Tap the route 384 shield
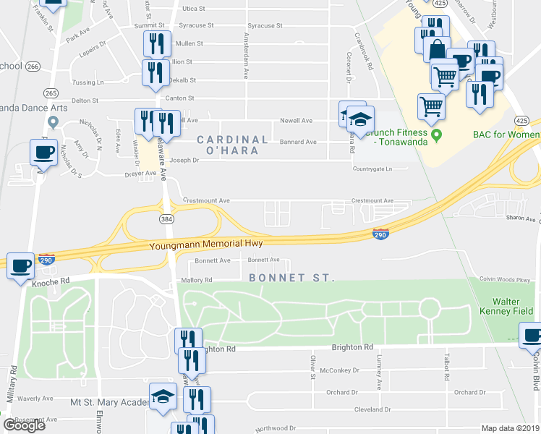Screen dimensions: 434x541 coord(166,218)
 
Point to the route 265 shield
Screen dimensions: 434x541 coord(51,93)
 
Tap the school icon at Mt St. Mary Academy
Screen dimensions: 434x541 coord(162,396)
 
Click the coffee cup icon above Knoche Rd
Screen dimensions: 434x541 coord(20,265)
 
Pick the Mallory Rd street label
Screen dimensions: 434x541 coord(197,280)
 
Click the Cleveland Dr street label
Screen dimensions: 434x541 coord(372,409)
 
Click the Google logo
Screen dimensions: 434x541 coord(24,425)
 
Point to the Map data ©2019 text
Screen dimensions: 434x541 coord(510,428)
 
